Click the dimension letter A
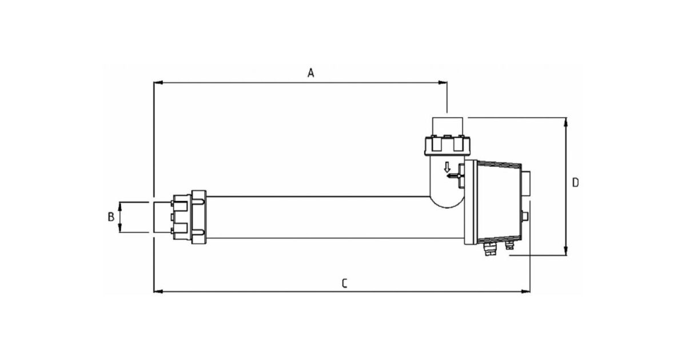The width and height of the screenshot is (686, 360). pos(311,73)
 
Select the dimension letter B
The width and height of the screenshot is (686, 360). pos(111,217)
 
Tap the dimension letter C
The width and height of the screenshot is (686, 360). pos(345,283)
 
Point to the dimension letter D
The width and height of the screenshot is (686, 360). pos(576,183)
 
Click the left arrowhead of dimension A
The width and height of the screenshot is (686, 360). pos(158,83)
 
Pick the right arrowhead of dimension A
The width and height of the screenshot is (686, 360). pos(442,83)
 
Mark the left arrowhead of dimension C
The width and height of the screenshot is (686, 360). pos(158,291)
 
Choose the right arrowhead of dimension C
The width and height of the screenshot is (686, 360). pos(525,291)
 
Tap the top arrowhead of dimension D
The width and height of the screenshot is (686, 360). pos(565,122)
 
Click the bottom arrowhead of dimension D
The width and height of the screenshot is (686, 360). pos(565,251)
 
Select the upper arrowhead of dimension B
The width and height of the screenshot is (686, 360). pos(120,207)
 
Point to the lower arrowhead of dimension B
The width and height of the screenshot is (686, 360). pos(120,228)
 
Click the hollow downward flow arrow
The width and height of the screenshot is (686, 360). pos(447,167)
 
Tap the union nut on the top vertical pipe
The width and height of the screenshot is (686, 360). pos(447,146)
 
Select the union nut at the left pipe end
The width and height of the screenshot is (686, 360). pos(182,217)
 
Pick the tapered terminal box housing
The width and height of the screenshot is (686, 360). pos(499,202)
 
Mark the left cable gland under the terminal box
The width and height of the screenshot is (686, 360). pos(490,249)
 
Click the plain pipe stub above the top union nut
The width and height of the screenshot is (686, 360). pos(448,127)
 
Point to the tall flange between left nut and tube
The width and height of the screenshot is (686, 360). pos(199,217)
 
